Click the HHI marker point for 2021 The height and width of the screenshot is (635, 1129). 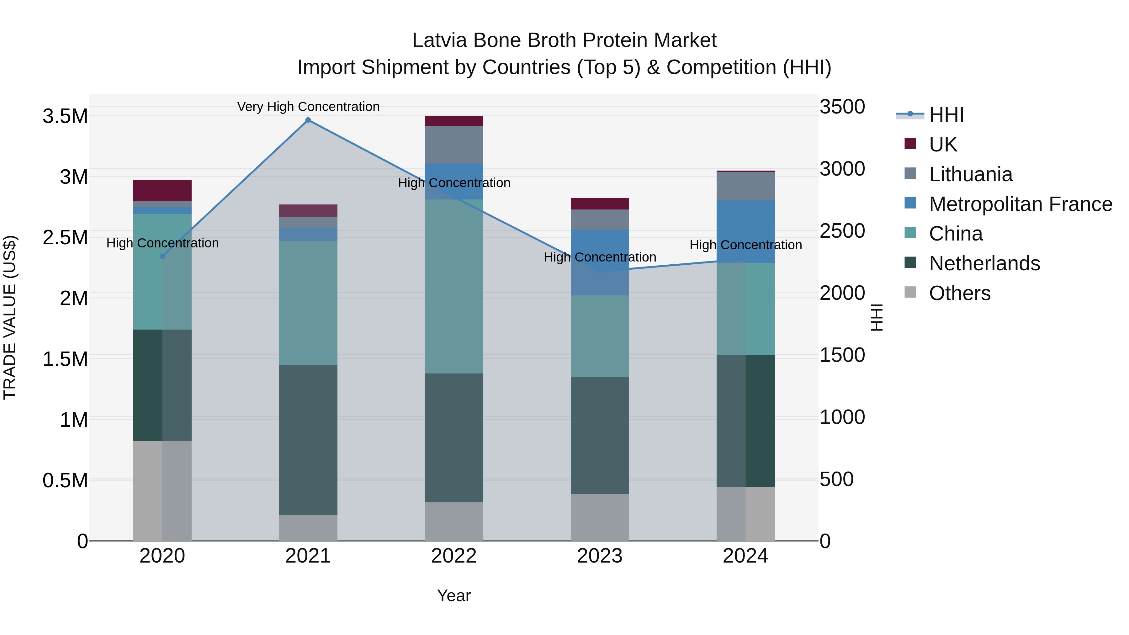308,120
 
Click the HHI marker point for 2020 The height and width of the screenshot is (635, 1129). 162,257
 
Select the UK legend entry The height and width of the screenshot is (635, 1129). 942,145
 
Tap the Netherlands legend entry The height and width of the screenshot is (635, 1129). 984,263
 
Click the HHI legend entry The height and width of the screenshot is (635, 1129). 946,115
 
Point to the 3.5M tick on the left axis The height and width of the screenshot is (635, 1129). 65,117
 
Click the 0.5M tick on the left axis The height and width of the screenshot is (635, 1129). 65,481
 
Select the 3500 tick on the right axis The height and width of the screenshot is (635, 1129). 842,107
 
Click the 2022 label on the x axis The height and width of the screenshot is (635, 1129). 453,556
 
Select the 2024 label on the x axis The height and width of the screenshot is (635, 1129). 745,556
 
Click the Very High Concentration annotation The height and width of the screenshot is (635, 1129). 308,107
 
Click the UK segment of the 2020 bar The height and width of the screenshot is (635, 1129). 162,191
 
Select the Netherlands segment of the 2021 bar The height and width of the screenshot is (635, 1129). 308,440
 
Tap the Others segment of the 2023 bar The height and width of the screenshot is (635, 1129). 600,517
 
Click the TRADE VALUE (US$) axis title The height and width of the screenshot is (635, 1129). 10,317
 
